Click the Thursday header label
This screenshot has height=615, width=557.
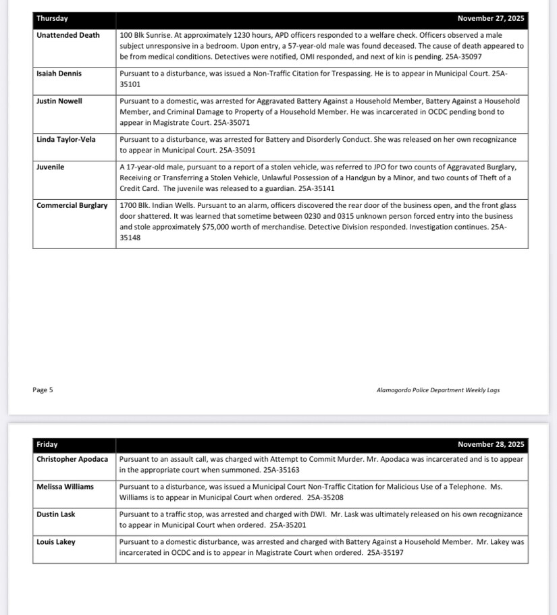(x=52, y=19)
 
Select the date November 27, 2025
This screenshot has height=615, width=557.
(x=490, y=19)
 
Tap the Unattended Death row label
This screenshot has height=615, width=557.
(x=68, y=35)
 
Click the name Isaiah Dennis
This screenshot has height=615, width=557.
(x=59, y=74)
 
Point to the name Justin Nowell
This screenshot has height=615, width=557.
(x=59, y=101)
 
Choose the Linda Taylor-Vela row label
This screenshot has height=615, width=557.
(x=66, y=140)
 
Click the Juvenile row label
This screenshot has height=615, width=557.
(x=51, y=167)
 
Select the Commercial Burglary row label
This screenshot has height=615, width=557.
(x=72, y=205)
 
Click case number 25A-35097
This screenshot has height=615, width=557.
(x=464, y=57)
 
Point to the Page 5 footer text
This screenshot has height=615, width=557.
(x=43, y=390)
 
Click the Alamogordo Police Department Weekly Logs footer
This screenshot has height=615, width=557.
(x=437, y=390)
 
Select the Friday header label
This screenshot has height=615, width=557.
(x=47, y=444)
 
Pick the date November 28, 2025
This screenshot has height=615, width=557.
(x=490, y=444)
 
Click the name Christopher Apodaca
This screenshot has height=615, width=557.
(x=72, y=459)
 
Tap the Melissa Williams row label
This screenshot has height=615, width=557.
(x=65, y=487)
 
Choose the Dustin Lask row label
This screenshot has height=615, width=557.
(x=56, y=514)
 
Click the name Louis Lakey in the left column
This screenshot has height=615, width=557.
(x=56, y=542)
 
